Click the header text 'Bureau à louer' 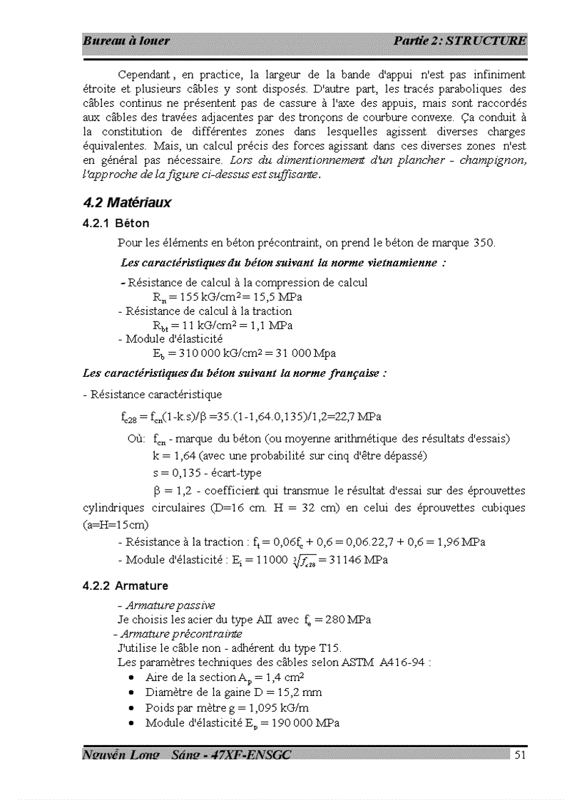[126, 41]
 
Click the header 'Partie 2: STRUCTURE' [459, 41]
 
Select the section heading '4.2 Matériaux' [127, 203]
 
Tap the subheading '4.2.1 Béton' [116, 224]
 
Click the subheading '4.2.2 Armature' [126, 586]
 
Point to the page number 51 [520, 755]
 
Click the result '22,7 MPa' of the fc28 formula [358, 416]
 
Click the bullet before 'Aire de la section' [133, 677]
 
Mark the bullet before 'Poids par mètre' [133, 708]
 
